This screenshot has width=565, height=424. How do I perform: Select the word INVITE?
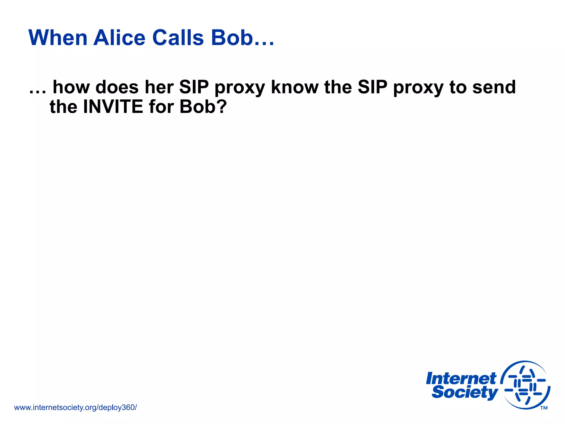click(x=113, y=107)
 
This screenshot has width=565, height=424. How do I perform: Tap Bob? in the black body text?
click(x=203, y=107)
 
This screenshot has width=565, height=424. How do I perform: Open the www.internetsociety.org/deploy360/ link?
click(x=75, y=407)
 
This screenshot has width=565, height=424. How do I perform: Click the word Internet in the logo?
click(x=461, y=379)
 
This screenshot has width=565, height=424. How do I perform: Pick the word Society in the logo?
click(x=465, y=393)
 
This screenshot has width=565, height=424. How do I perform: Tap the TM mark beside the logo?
click(x=544, y=408)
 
